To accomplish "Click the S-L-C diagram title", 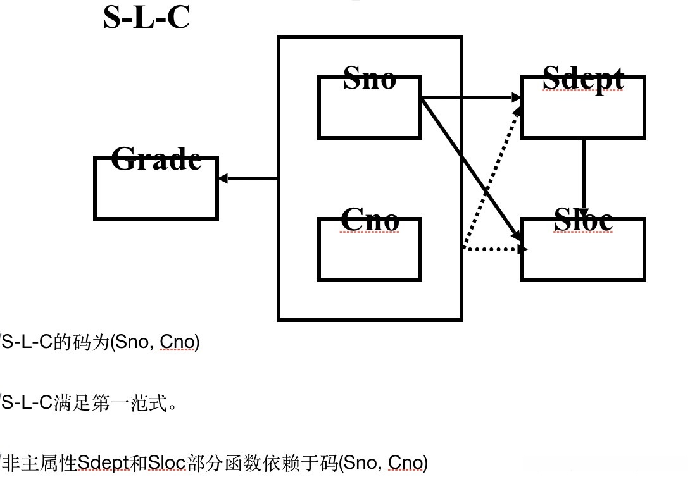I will point(146,18).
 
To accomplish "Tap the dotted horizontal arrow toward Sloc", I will point(494,249).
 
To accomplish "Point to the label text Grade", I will point(156,159).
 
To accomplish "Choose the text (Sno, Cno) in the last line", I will point(383,462).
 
